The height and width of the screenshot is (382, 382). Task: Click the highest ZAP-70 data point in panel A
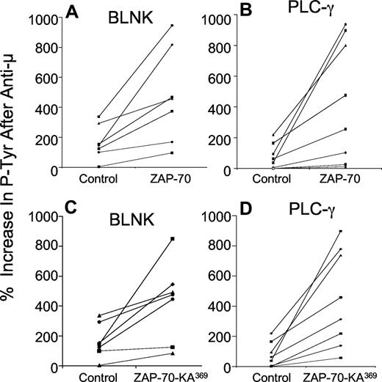pos(172,26)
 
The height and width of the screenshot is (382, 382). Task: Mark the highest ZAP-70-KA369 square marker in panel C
pos(172,239)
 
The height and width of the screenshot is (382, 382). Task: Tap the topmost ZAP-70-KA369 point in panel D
pos(340,232)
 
